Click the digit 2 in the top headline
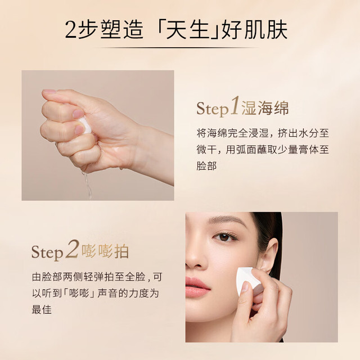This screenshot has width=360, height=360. click(71, 30)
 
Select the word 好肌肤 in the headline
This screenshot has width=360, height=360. click(254, 30)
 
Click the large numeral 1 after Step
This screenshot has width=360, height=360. click(235, 105)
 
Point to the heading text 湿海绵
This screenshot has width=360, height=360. click(265, 107)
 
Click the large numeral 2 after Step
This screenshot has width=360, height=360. click(73, 249)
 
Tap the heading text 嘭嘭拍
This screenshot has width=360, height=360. click(105, 251)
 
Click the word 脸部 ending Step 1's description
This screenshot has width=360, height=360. click(206, 166)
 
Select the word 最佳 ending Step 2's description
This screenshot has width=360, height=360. click(42, 309)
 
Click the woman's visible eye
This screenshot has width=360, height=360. click(224, 237)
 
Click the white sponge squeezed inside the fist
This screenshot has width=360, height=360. click(85, 125)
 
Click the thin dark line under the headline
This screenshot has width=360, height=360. click(180, 47)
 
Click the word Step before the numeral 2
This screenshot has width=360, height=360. click(47, 253)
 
